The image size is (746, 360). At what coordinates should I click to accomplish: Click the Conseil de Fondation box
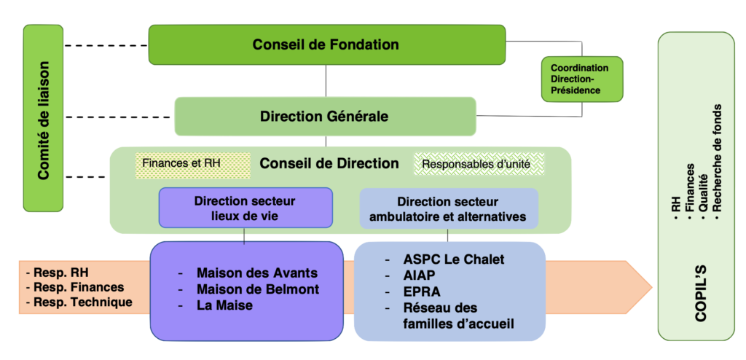(x=326, y=44)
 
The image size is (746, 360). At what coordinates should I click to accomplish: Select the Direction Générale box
(x=324, y=116)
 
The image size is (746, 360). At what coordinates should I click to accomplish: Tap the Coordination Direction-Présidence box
(x=581, y=79)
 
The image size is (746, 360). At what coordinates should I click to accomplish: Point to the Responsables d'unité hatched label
(x=478, y=164)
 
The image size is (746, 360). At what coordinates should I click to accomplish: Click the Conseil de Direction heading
(x=329, y=164)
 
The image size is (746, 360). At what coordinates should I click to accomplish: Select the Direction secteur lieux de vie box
(x=245, y=208)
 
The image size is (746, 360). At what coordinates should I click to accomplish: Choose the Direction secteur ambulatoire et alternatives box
(x=447, y=208)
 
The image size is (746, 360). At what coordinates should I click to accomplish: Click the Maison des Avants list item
(x=256, y=273)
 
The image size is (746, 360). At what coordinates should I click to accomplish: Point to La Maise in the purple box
(x=224, y=305)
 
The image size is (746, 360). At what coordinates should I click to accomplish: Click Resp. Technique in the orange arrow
(x=78, y=302)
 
